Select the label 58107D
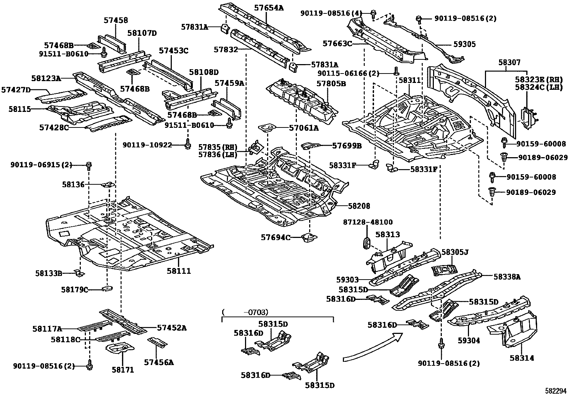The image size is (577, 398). (142, 33)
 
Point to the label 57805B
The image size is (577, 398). (331, 84)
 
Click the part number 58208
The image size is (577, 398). (359, 206)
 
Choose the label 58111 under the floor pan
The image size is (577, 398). (179, 271)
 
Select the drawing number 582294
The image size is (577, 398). (556, 391)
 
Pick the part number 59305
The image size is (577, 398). (464, 45)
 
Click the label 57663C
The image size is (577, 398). (337, 44)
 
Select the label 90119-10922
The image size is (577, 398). (152, 145)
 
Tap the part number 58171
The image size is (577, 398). (123, 370)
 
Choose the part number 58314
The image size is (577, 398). (522, 358)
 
